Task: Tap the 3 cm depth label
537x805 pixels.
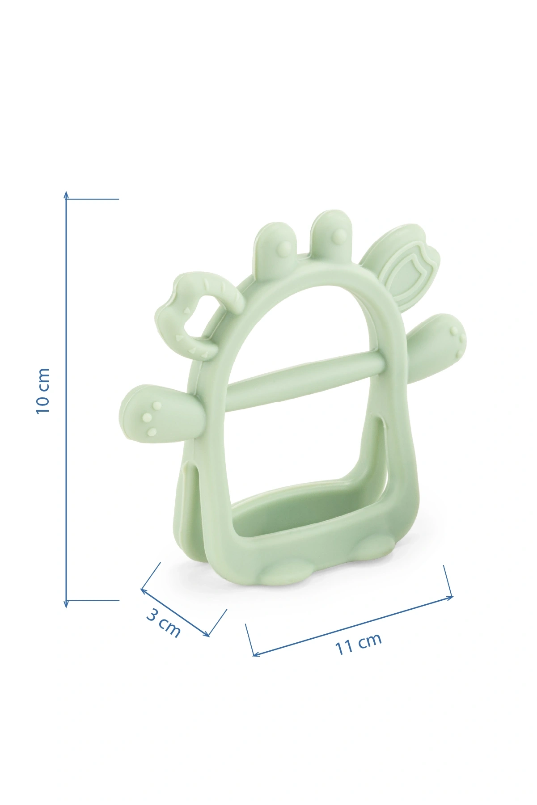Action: pyautogui.click(x=164, y=623)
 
